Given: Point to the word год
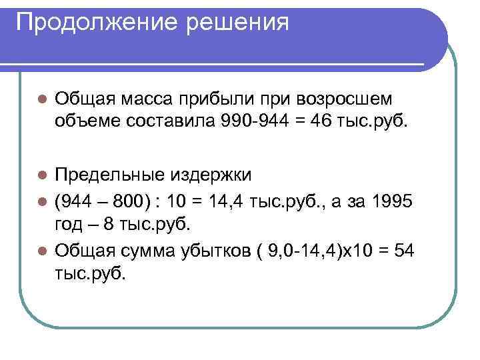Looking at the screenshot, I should coord(70,224).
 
